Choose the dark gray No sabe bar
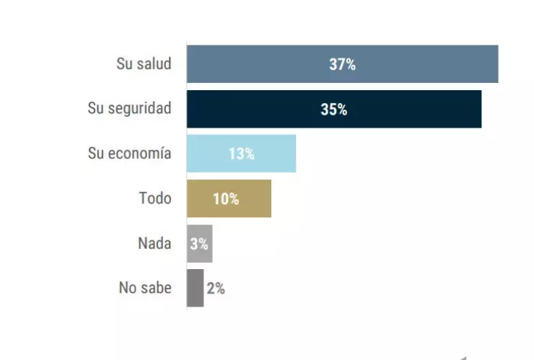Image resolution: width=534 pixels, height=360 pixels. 195,288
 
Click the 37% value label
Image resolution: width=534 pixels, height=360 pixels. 342,64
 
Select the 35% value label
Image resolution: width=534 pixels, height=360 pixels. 333,110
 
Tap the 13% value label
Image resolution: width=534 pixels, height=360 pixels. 241,154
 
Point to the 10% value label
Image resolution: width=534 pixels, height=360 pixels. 226,198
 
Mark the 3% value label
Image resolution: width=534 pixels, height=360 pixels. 199,243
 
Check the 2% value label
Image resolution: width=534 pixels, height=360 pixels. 215,288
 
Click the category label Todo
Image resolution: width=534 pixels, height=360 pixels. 154,198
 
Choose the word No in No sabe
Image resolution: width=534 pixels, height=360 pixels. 128,288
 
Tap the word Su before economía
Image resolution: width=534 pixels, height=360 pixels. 96,153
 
